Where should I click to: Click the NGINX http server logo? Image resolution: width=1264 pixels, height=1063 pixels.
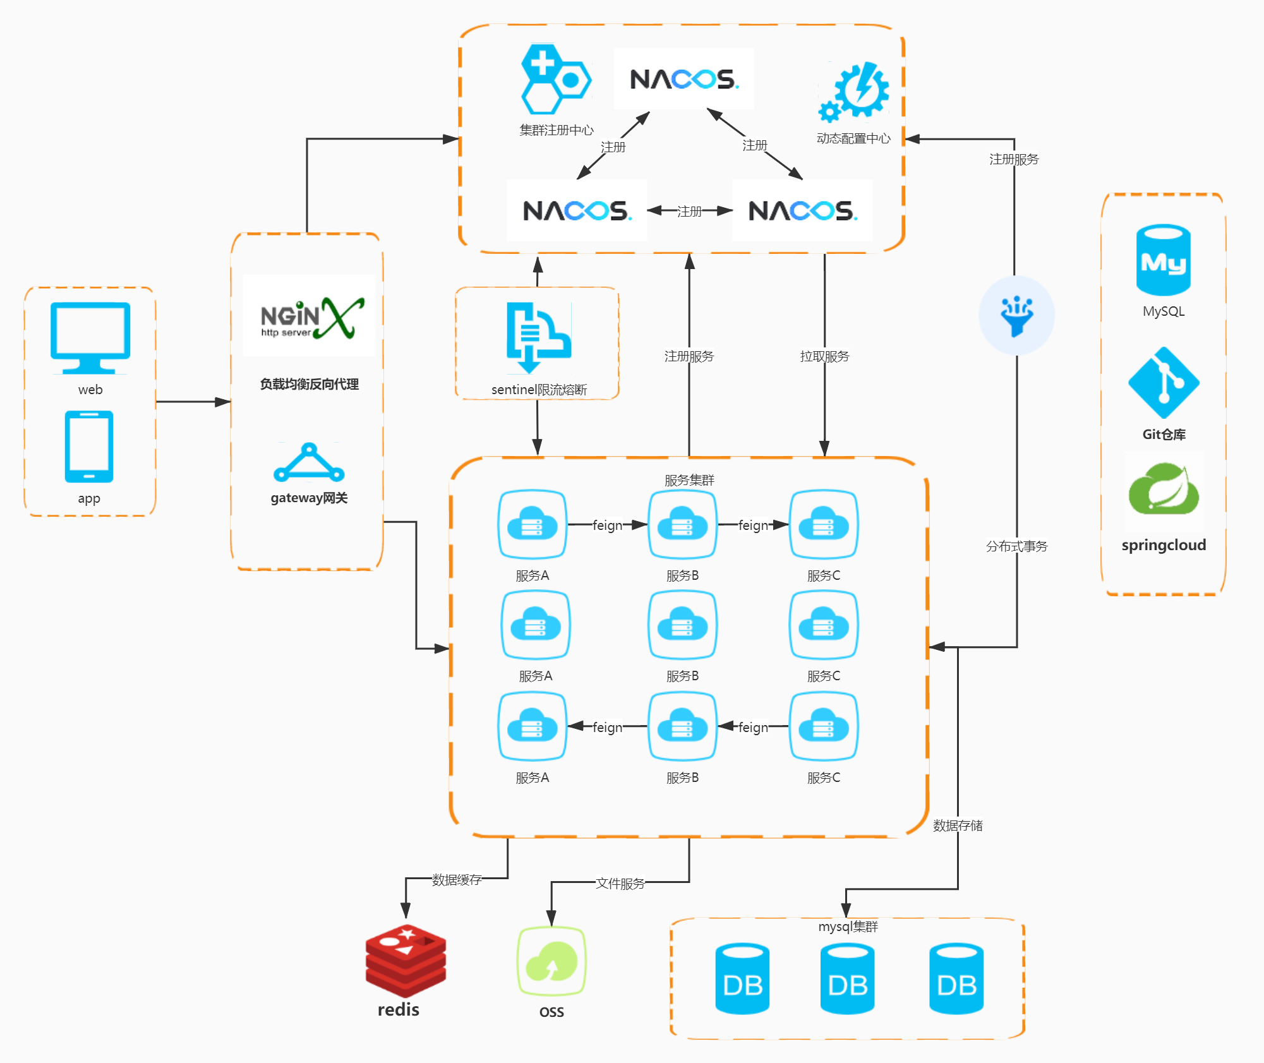(x=310, y=316)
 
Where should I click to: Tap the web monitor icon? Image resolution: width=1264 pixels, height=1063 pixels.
(x=90, y=338)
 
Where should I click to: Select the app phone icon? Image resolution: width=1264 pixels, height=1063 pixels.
(x=89, y=447)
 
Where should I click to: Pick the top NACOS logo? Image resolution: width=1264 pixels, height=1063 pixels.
(x=684, y=79)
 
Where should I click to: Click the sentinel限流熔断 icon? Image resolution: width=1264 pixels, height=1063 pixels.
(x=539, y=337)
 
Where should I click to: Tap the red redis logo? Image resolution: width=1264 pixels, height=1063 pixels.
(x=406, y=960)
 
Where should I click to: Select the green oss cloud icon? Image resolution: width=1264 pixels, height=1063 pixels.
(x=551, y=961)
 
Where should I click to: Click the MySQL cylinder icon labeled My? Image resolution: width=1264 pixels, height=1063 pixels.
(x=1164, y=260)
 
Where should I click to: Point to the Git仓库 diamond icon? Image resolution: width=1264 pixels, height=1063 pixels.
(x=1164, y=383)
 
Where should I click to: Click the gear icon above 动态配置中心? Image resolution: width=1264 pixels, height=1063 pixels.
(x=853, y=92)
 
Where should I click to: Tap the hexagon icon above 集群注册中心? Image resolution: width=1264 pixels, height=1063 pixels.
(x=556, y=80)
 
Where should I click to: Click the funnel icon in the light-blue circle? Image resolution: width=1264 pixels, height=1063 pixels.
(x=1017, y=315)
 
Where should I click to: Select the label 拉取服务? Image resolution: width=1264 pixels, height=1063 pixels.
(x=824, y=356)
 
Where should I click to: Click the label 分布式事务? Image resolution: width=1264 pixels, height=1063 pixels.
(x=1017, y=546)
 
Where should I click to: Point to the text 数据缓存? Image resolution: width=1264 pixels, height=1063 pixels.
(x=457, y=880)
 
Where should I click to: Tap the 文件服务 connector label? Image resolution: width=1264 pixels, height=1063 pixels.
(x=620, y=883)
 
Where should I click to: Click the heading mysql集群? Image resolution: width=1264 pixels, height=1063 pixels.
(x=848, y=927)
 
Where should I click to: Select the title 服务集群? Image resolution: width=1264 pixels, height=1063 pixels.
(x=689, y=480)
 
